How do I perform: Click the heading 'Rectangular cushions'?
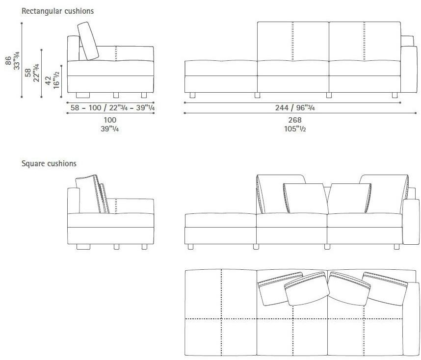[x=57, y=11]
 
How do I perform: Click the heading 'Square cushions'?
[x=49, y=163]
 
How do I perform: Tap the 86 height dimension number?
[x=8, y=60]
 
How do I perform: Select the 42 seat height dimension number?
[x=48, y=80]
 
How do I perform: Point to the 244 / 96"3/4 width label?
[x=295, y=107]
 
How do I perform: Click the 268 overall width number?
[x=295, y=120]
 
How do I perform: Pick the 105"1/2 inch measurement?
[x=295, y=129]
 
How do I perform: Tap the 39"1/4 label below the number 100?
[x=110, y=129]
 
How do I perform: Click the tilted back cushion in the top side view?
[x=88, y=41]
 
